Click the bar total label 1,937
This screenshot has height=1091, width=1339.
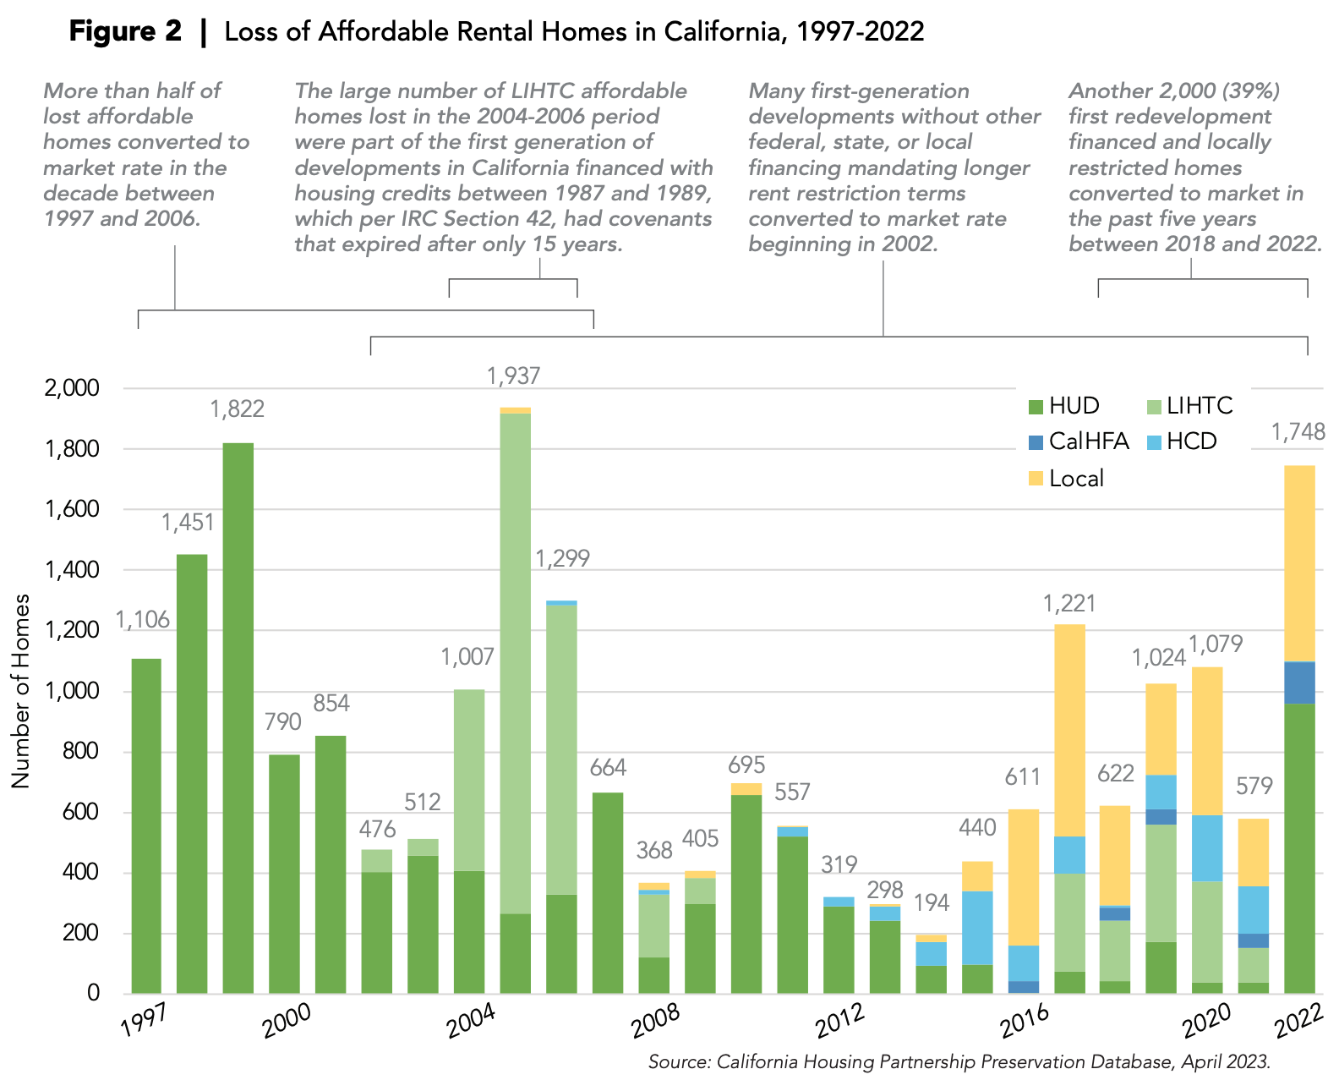click(513, 376)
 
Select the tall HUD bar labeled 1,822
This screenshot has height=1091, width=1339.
click(238, 719)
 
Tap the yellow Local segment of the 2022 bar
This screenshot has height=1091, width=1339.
click(1299, 562)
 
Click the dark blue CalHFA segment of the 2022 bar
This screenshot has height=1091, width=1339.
click(1299, 683)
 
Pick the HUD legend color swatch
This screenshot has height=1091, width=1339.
click(1036, 407)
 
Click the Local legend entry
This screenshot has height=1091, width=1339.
click(1075, 479)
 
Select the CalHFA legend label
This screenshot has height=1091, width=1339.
click(1088, 441)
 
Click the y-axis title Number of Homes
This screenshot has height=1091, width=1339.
click(20, 691)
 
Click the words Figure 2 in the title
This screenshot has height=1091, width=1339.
click(124, 32)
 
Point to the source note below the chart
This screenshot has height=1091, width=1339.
click(959, 1062)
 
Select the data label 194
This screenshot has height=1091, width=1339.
click(932, 903)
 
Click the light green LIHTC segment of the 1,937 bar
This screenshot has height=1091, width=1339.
click(515, 660)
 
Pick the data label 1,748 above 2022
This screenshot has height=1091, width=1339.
click(1298, 433)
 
